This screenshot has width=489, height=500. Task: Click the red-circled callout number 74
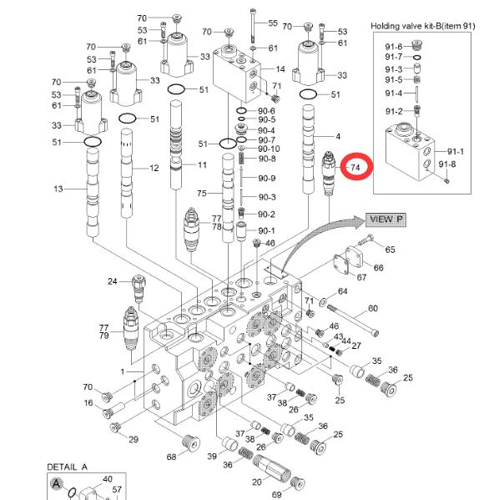[355, 167]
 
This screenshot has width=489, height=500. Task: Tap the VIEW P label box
[386, 220]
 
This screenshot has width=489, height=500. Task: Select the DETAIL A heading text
[67, 467]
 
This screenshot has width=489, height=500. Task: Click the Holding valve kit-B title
[423, 26]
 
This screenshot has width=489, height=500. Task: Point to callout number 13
[58, 189]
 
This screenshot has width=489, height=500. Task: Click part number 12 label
[154, 168]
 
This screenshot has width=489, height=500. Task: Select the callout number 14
[280, 69]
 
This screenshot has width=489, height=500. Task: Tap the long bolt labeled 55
[253, 26]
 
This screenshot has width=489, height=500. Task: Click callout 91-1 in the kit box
[456, 151]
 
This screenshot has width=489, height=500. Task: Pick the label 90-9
[266, 178]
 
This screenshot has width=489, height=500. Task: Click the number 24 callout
[112, 281]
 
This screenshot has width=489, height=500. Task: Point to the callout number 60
[373, 308]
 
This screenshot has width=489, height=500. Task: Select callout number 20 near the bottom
[257, 482]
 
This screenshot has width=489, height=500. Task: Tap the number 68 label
[172, 457]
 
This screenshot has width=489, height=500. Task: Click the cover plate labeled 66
[355, 259]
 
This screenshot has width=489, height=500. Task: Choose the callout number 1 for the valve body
[123, 371]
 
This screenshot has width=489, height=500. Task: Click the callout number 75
[201, 194]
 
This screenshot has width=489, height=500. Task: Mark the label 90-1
[266, 230]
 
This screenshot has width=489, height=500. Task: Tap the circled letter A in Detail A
[57, 484]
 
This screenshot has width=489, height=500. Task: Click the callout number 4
[338, 137]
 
